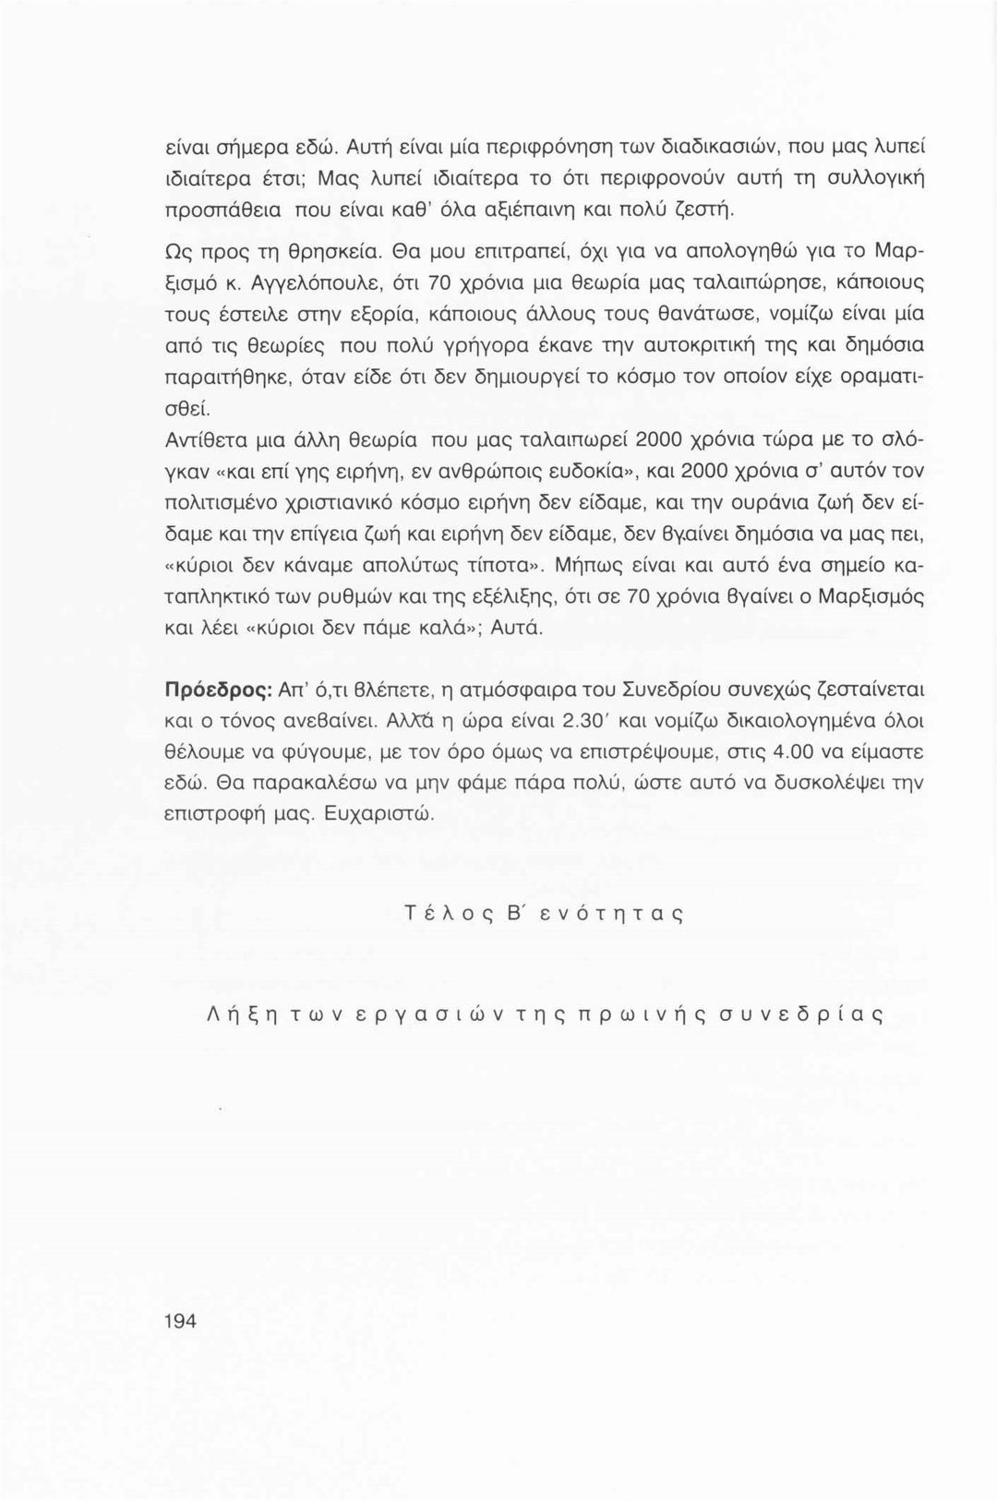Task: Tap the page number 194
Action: (180, 1321)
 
